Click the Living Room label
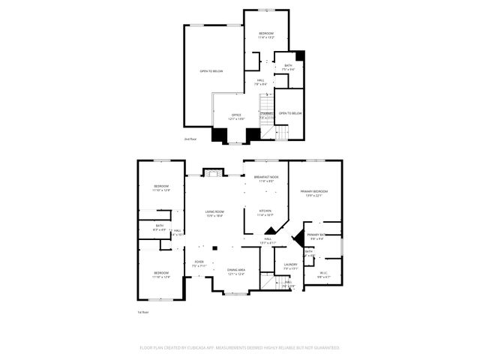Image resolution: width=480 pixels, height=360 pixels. point(215,212)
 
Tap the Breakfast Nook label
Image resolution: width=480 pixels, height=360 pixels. point(267,178)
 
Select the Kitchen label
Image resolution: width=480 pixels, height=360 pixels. point(265,211)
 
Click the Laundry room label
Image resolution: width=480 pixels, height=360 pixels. point(291,264)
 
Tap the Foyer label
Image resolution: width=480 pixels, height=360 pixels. point(198,262)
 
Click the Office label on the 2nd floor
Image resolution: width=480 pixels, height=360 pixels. point(236,115)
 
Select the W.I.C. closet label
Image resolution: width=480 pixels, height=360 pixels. point(323,273)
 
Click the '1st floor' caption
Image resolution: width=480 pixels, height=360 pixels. point(142,311)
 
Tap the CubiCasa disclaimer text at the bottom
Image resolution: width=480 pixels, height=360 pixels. point(240,348)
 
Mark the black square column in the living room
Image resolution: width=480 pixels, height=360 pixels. point(214,246)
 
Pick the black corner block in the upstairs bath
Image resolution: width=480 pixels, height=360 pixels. point(301,55)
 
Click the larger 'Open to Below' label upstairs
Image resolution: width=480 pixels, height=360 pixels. point(211,71)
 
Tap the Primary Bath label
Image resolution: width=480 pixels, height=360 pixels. point(316,235)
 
